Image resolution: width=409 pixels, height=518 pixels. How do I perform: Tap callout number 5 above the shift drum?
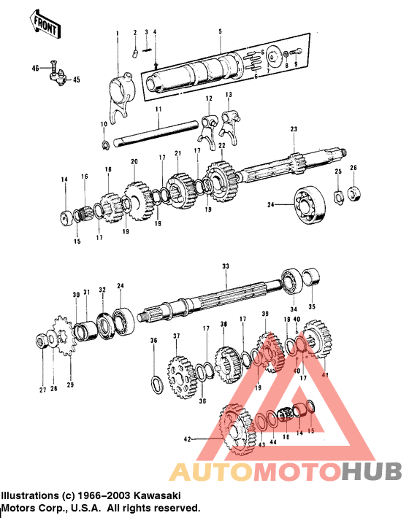[219, 32]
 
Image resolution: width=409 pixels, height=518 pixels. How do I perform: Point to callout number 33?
[226, 267]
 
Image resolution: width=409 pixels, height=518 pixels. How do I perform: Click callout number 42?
[187, 439]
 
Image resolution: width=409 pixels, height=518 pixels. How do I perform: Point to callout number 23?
[294, 129]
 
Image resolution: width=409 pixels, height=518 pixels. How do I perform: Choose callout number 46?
[34, 68]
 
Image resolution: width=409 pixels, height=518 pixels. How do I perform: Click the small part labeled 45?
[60, 77]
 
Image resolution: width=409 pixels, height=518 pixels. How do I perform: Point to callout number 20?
[134, 161]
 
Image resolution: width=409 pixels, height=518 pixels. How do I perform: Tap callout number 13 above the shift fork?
[229, 96]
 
